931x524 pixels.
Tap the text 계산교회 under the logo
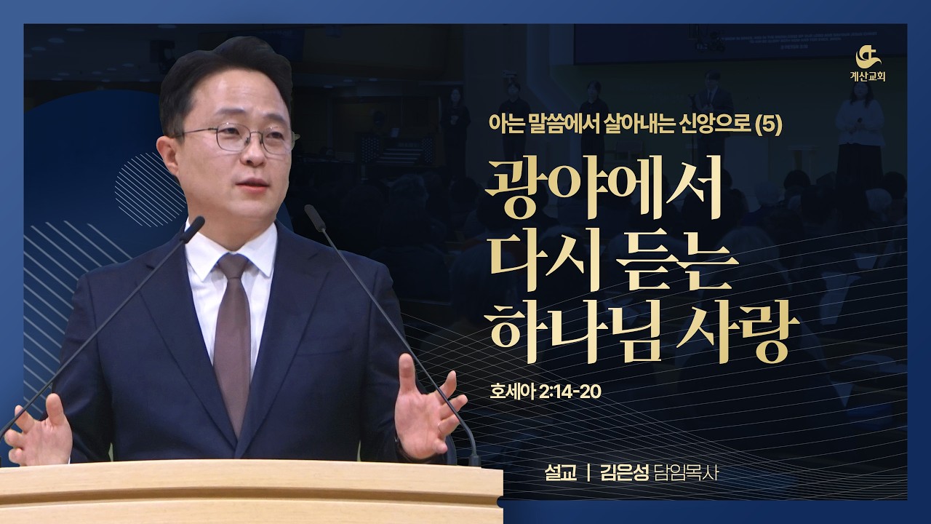click(868, 77)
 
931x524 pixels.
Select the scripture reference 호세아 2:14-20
click(546, 392)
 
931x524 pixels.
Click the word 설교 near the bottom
click(561, 473)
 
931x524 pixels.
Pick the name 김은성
click(624, 473)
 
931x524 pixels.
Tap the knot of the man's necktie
click(233, 266)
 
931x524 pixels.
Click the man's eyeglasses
click(237, 138)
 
